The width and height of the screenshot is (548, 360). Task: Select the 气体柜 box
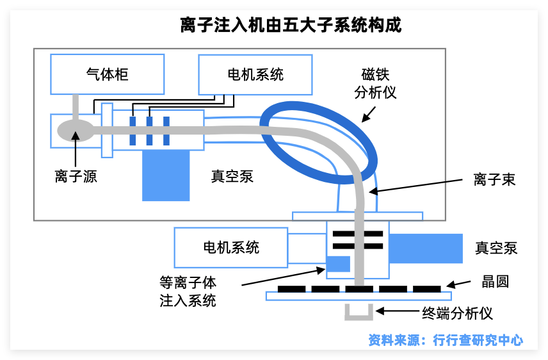107,74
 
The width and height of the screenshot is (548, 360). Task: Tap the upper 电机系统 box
255,74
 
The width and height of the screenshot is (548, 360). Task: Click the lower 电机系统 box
230,248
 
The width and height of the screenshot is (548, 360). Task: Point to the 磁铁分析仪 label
376,83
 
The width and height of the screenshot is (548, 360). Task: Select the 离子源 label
76,177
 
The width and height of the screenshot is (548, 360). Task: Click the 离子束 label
494,179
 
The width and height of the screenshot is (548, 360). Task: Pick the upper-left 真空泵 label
232,177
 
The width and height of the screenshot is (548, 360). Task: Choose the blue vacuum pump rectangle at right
426,248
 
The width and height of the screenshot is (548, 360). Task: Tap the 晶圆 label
495,282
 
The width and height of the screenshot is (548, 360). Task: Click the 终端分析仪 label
456,313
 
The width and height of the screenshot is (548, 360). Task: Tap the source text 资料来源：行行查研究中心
446,340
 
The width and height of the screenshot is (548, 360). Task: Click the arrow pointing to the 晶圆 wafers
460,284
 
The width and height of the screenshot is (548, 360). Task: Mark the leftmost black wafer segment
291,289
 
